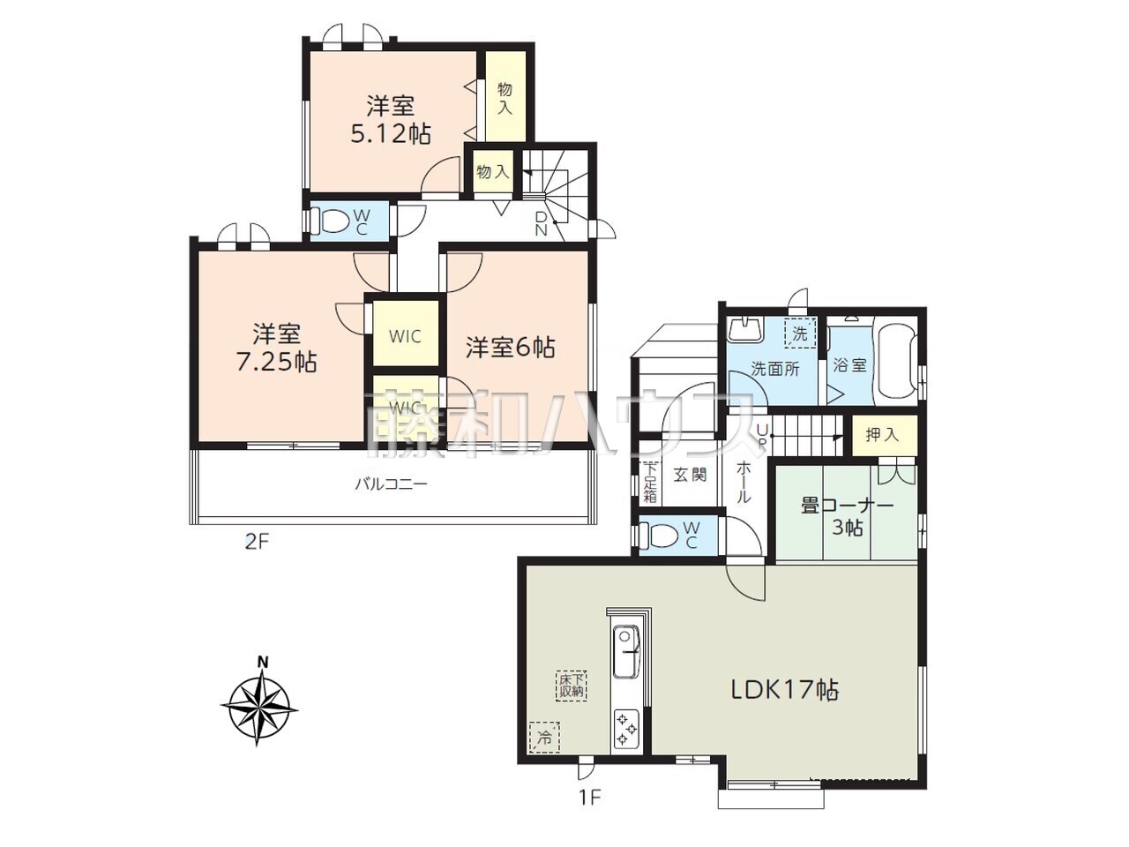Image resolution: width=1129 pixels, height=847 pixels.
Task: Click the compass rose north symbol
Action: click(259, 704)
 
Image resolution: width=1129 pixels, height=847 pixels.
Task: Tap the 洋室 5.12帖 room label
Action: click(391, 120)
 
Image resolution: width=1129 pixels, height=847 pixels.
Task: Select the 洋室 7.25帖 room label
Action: click(276, 349)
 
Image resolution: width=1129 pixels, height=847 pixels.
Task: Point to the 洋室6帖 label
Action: click(510, 348)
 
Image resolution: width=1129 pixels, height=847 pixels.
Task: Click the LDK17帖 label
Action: click(785, 690)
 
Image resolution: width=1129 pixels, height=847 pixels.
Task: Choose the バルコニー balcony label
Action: click(392, 483)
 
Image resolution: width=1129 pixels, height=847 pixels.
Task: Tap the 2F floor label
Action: click(256, 542)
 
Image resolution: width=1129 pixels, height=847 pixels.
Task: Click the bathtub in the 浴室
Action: click(897, 364)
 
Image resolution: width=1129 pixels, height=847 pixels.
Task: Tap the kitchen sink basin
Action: click(625, 652)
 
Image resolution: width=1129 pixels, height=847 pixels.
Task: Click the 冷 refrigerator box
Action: click(544, 738)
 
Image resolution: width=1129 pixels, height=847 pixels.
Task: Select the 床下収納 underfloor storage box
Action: click(572, 686)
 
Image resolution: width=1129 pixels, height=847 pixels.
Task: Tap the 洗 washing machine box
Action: click(800, 334)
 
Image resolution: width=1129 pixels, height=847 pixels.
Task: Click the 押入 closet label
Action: click(883, 435)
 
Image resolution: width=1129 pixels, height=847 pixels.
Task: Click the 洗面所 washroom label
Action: click(775, 369)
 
